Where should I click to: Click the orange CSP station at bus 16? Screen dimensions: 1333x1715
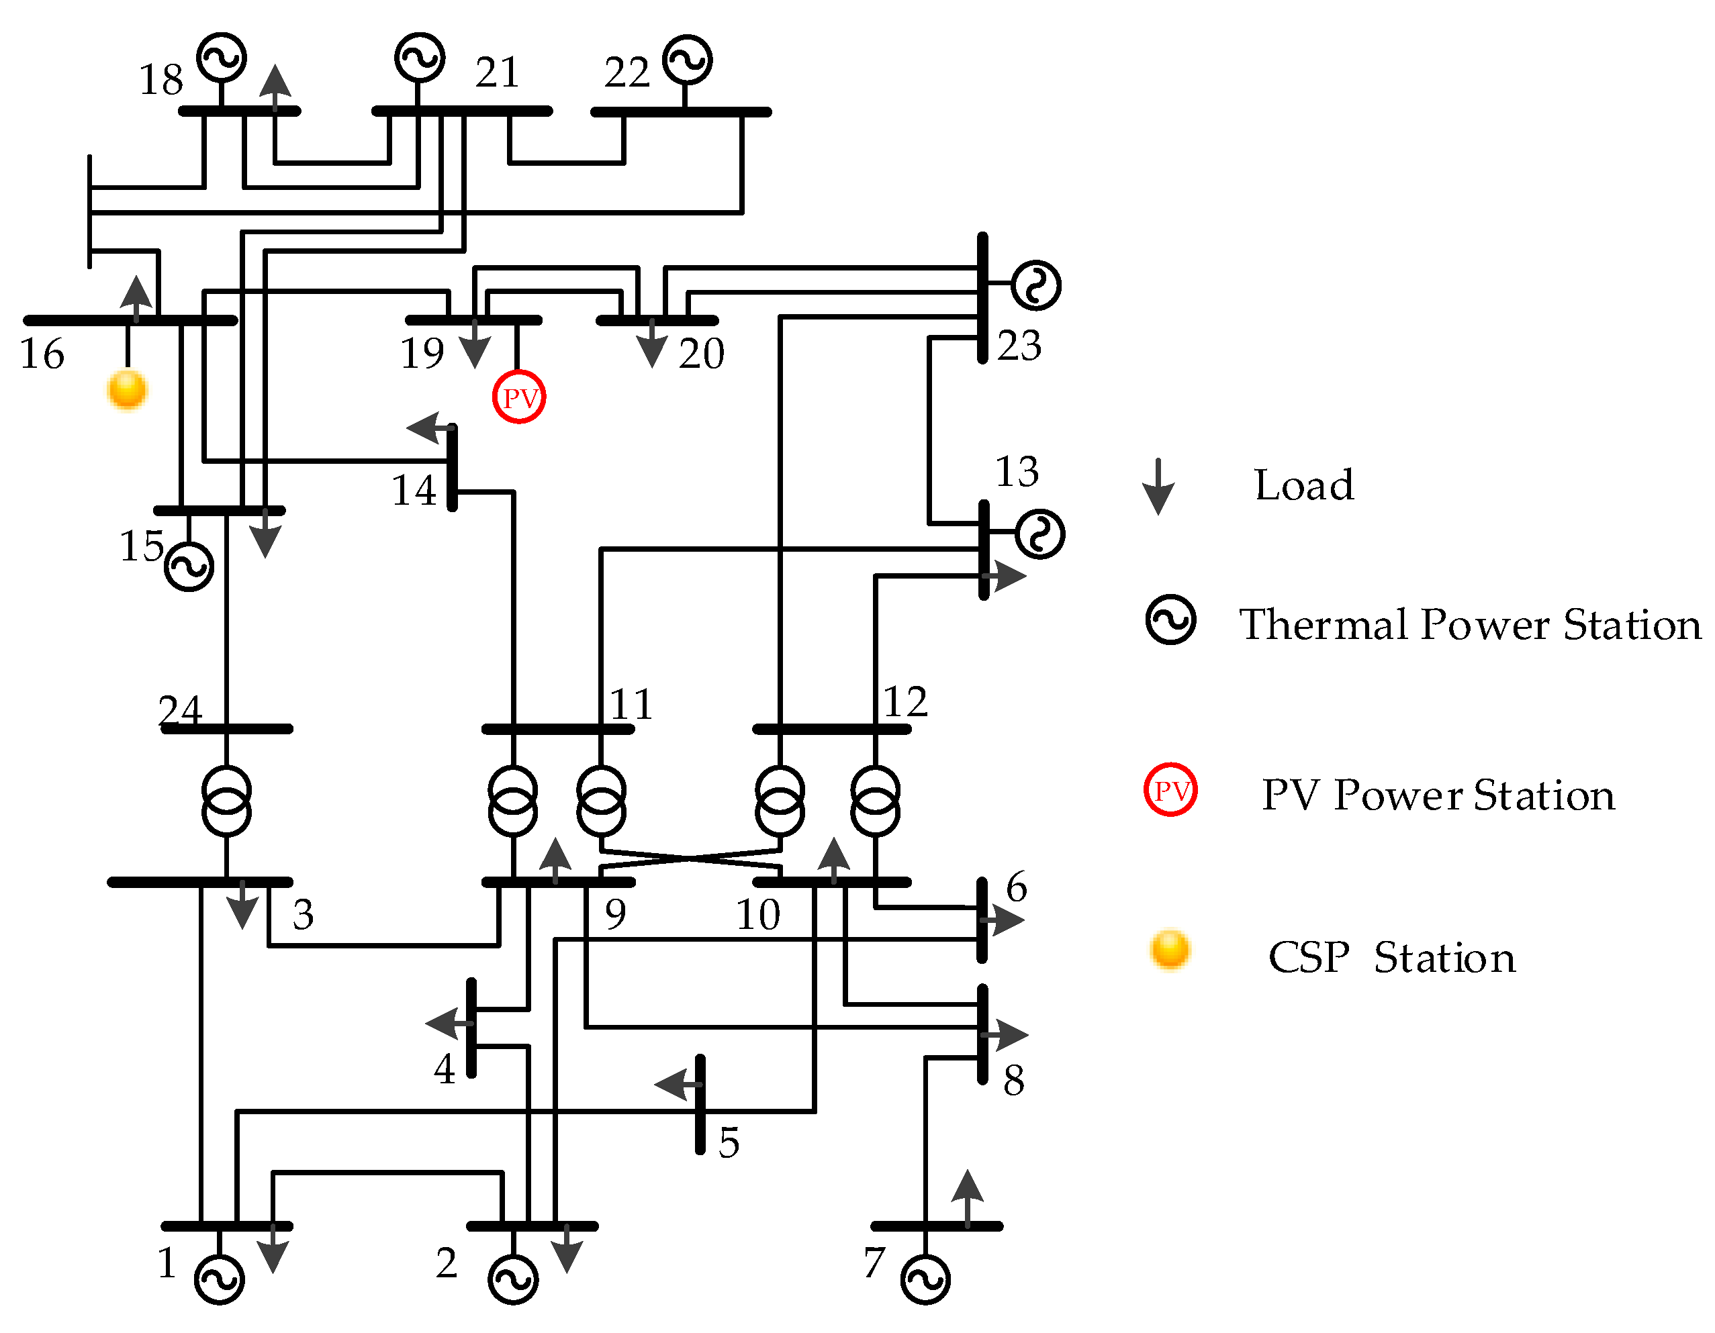(126, 389)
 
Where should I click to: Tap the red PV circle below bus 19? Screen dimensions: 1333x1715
(519, 397)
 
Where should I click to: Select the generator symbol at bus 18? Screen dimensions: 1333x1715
(222, 56)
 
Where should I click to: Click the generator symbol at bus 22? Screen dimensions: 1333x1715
(687, 60)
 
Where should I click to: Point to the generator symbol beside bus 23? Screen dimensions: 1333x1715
(1035, 285)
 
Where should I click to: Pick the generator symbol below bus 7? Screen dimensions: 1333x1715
(925, 1279)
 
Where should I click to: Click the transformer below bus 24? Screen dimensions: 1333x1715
(227, 801)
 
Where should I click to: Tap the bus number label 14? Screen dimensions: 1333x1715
(414, 491)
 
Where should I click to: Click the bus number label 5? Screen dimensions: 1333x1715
(729, 1142)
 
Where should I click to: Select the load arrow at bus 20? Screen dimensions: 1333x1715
(652, 346)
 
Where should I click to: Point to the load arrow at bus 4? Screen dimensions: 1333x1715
(448, 1023)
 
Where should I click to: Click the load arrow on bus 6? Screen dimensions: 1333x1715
(1004, 920)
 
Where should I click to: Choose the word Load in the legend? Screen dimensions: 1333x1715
(1303, 485)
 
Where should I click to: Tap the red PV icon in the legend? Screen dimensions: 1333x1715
(1170, 790)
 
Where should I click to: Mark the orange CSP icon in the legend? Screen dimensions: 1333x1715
(1169, 950)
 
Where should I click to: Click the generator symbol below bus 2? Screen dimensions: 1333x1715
(513, 1279)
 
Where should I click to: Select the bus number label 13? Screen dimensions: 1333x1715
(1017, 472)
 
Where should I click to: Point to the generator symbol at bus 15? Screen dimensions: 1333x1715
(189, 566)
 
